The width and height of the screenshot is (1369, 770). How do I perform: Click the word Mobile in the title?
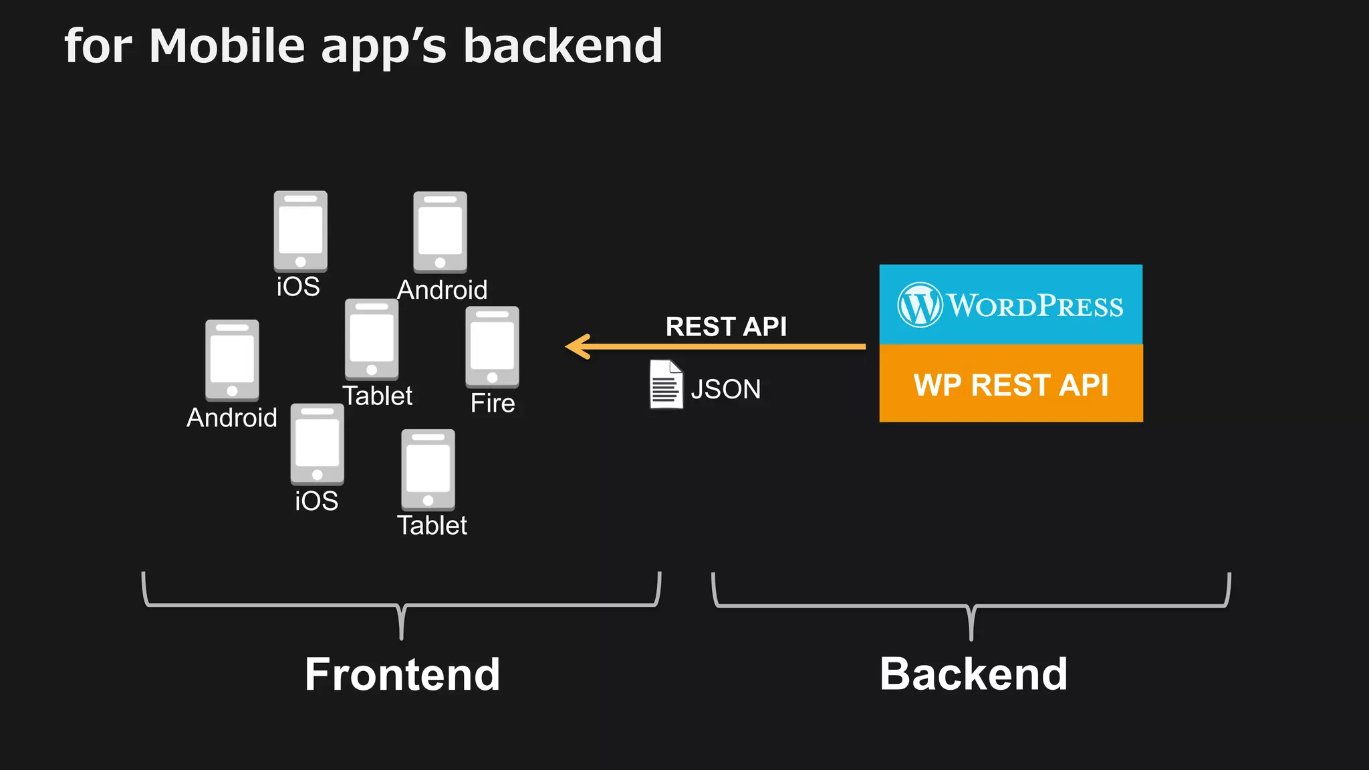(x=227, y=46)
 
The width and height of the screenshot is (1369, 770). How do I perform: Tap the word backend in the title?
(x=562, y=46)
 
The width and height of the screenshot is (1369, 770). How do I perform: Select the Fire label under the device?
(x=493, y=403)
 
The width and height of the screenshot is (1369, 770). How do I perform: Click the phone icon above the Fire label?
(x=492, y=347)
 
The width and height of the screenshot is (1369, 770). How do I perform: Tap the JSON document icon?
(x=666, y=384)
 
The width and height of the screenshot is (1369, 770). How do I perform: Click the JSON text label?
(x=726, y=389)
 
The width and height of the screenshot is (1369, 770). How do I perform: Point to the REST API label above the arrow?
(x=726, y=327)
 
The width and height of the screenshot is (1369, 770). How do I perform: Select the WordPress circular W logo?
(x=920, y=305)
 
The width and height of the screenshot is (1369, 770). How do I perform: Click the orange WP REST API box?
(x=1011, y=384)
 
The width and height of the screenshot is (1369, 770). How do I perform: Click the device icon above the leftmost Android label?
(x=232, y=360)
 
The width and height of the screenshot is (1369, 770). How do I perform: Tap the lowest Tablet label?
(x=432, y=525)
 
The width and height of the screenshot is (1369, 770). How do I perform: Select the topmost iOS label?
(x=298, y=287)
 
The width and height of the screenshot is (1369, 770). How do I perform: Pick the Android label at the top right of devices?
(x=442, y=290)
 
